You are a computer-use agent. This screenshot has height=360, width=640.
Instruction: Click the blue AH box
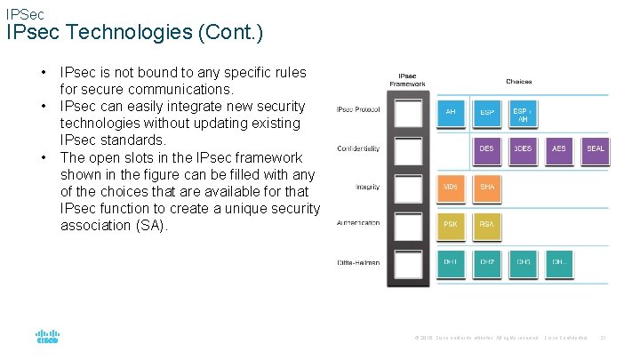[451, 113]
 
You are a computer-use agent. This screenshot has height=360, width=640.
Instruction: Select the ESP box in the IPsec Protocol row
[487, 113]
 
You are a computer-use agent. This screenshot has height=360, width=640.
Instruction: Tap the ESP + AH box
[523, 114]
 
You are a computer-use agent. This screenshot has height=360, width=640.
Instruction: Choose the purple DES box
[487, 149]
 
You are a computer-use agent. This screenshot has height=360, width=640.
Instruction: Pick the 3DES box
[523, 149]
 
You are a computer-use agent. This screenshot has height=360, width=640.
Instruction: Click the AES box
[558, 149]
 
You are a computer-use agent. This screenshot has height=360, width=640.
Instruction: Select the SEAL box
[595, 149]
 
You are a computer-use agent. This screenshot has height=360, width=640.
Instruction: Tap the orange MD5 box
[451, 188]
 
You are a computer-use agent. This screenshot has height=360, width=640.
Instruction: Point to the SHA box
[487, 188]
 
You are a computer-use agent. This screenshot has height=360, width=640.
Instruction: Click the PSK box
[451, 225]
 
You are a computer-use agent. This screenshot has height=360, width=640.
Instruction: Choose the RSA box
[487, 225]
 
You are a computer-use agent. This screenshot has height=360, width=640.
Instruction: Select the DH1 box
[451, 262]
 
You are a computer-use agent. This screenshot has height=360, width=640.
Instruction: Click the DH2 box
[487, 262]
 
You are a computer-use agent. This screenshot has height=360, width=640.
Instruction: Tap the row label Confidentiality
[358, 148]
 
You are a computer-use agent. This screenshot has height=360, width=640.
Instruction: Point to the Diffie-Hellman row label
[358, 262]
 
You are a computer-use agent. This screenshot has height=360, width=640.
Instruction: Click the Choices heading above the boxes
[519, 81]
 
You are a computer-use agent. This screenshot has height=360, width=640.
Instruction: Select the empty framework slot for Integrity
[408, 188]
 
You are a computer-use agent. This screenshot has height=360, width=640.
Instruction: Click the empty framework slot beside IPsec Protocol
[408, 113]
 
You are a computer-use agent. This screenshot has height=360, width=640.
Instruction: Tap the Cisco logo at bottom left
[47, 337]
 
